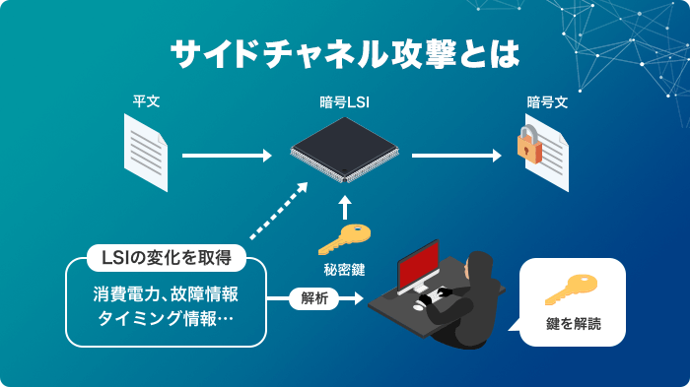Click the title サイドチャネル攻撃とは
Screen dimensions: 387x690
pyautogui.click(x=345, y=54)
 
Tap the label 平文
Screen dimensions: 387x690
pyautogui.click(x=146, y=101)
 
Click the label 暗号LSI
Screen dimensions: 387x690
pyautogui.click(x=344, y=101)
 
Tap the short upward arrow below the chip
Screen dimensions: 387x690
pyautogui.click(x=344, y=207)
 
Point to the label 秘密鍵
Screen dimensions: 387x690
pyautogui.click(x=344, y=268)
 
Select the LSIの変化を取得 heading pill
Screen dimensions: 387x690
pyautogui.click(x=167, y=259)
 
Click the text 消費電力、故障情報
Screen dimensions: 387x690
pyautogui.click(x=167, y=294)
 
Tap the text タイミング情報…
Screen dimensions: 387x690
pyautogui.click(x=167, y=319)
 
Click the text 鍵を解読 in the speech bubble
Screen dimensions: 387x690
pyautogui.click(x=573, y=323)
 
